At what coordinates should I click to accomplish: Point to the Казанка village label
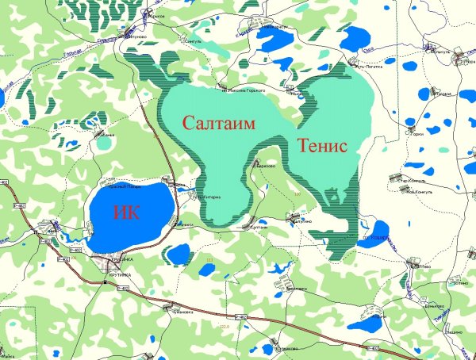coord(106,136)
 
